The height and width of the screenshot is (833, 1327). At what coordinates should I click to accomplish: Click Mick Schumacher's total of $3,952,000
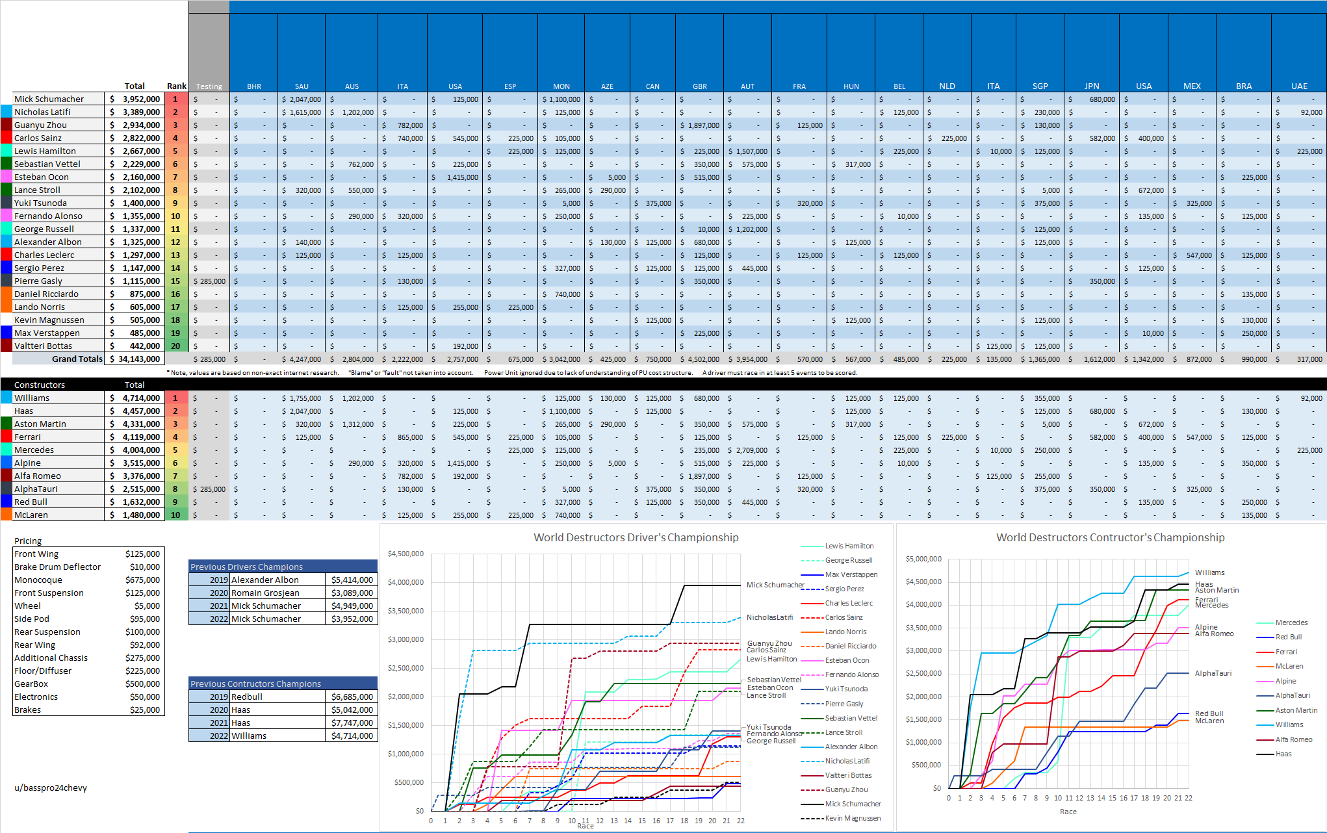pos(135,99)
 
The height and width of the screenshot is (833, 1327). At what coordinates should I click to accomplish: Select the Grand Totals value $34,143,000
pos(135,359)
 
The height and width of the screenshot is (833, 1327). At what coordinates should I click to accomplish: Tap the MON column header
pos(561,86)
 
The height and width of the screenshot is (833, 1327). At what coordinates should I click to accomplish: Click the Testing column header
pos(209,86)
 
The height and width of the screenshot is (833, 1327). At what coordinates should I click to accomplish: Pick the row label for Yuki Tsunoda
pos(40,203)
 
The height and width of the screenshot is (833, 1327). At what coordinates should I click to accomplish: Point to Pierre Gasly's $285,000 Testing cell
pos(209,281)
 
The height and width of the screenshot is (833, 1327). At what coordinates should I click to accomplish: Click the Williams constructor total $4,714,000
pos(135,398)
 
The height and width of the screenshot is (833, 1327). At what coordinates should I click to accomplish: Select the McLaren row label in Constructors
pos(31,515)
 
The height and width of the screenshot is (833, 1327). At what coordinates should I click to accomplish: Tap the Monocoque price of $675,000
pos(142,580)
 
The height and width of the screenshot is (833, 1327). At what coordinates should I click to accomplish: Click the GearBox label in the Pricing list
pos(31,684)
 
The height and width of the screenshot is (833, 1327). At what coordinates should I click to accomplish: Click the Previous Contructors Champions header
pos(256,684)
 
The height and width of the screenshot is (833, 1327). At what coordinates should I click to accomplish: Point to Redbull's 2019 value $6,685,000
pos(352,697)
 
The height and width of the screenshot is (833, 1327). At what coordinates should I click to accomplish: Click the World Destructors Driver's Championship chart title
pos(636,537)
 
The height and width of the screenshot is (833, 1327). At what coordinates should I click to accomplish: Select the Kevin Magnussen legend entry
pos(853,818)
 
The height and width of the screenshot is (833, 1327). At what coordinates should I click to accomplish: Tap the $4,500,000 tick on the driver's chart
pos(406,554)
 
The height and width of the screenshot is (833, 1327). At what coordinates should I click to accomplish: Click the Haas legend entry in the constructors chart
pos(1283,754)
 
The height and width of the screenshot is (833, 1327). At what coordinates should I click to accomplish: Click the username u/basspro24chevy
pos(51,788)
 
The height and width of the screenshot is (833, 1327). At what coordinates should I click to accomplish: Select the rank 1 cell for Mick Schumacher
pos(175,99)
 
